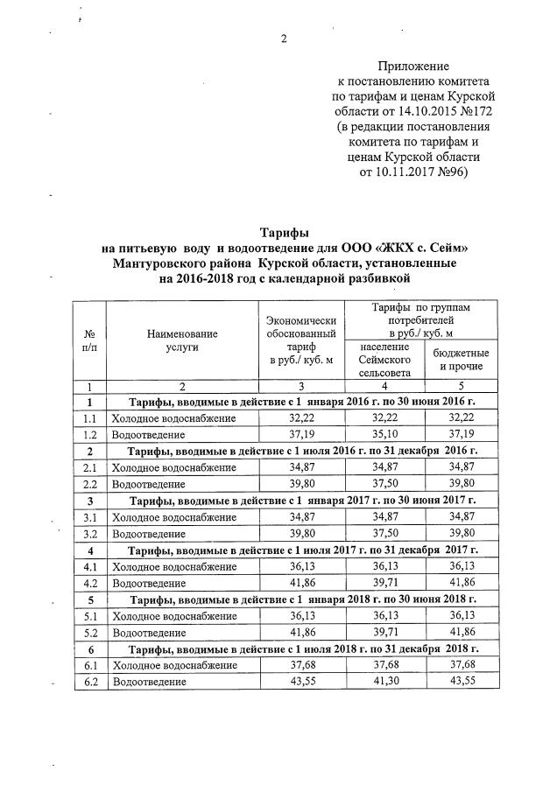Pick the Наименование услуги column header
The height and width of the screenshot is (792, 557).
[181, 340]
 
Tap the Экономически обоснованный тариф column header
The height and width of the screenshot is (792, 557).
[300, 340]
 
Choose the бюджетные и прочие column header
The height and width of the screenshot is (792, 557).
[462, 359]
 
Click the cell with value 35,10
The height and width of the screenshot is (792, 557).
[384, 434]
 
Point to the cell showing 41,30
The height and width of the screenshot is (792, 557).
[384, 679]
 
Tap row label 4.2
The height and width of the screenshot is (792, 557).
[89, 581]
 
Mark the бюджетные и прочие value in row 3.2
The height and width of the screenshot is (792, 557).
[462, 532]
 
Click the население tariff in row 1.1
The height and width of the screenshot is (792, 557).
[384, 418]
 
